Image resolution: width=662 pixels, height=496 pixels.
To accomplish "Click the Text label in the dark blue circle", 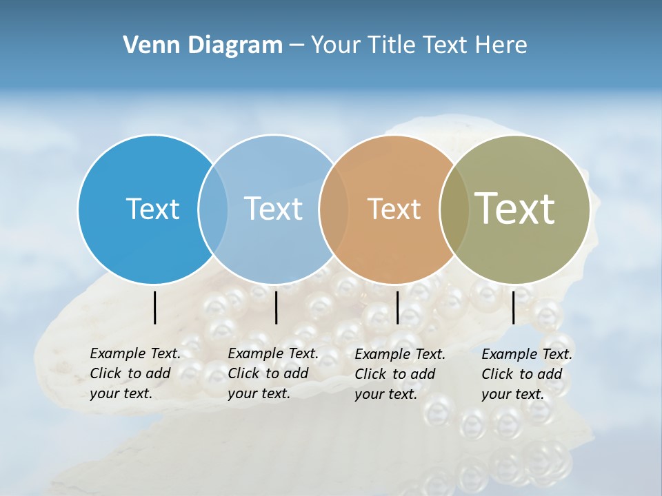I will point(152,209).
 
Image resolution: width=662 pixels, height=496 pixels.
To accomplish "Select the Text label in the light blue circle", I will point(274,209).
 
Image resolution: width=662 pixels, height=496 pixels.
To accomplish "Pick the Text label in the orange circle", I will point(394,209).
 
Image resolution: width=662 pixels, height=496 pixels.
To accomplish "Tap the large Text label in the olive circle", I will point(515,209).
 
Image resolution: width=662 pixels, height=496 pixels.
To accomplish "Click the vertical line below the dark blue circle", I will point(155,307).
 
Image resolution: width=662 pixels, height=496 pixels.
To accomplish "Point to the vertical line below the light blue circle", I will point(276,307).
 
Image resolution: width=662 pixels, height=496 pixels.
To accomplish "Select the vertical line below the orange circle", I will point(398,307).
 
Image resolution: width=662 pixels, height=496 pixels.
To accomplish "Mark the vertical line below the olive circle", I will point(514,307).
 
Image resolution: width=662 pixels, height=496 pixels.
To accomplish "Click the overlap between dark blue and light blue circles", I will point(213,209).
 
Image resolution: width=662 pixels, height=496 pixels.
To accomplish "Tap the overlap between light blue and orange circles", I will point(334,209).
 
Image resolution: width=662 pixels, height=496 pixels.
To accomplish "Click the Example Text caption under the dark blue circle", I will point(135,373).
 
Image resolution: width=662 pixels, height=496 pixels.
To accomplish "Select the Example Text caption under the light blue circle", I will point(273,373).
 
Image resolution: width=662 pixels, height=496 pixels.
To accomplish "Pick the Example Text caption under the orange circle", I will point(400,374).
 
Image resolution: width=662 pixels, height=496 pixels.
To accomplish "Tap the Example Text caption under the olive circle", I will point(527,374).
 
